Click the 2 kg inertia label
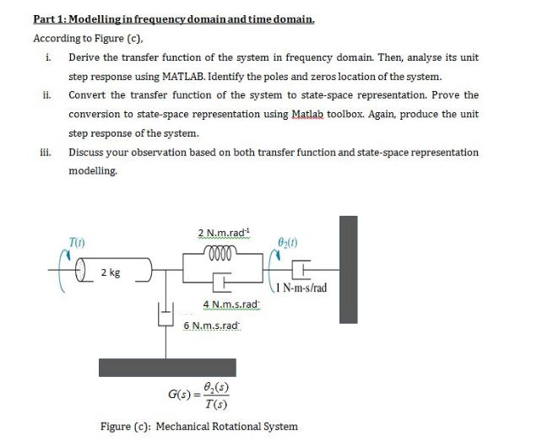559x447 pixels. point(109,272)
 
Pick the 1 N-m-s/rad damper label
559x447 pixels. point(297,288)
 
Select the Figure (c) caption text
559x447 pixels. point(198,426)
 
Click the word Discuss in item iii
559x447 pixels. point(85,153)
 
